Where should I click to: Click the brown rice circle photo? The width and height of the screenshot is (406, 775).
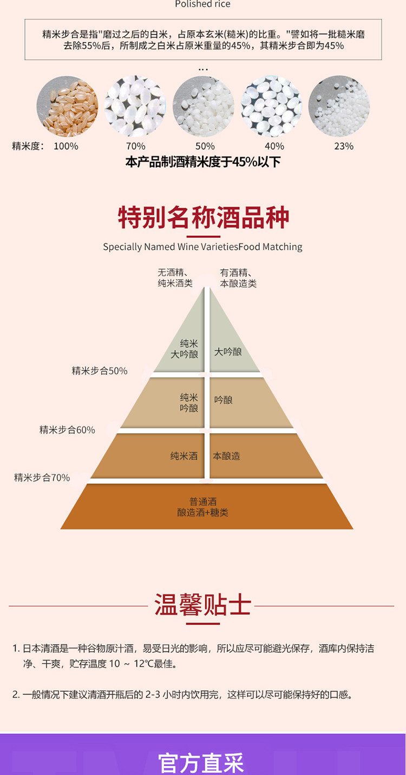coord(67,106)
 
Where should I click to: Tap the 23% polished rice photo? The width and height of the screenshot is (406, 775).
coord(339,106)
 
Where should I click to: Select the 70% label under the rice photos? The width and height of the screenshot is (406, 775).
coord(135,146)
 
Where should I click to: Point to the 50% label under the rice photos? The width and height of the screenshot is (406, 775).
coord(205,146)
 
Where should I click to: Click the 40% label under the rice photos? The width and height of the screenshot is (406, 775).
coord(274,146)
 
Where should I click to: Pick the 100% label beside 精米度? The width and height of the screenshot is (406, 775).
coord(66,146)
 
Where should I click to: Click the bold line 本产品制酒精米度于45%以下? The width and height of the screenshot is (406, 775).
coord(203,162)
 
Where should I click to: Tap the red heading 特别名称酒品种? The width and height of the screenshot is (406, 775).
coord(204,217)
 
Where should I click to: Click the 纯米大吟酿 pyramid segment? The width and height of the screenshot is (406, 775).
coord(185,349)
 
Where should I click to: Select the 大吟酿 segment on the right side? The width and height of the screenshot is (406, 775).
coord(228,352)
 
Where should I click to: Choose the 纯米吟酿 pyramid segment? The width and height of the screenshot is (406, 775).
coord(189,403)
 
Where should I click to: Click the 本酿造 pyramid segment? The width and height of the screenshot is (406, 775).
coord(226,456)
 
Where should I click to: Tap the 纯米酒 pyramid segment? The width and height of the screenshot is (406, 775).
coord(184,456)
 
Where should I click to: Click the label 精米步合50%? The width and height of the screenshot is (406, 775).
coord(100,371)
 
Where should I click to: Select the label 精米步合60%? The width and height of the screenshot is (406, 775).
coord(67,430)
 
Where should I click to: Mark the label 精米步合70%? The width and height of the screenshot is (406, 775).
coord(42,478)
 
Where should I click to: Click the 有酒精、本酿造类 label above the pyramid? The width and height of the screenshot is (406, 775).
coord(238,278)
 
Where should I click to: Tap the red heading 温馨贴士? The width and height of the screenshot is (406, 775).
coord(203,605)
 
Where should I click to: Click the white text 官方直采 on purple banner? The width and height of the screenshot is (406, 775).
coord(201,763)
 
